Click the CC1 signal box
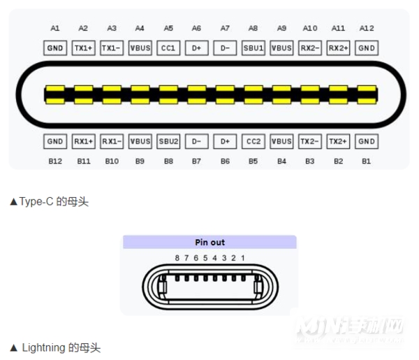tap(168, 48)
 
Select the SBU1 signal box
tap(253, 48)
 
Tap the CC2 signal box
tap(253, 141)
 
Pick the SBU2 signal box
tap(168, 141)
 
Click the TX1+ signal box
tap(83, 48)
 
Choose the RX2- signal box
tap(310, 48)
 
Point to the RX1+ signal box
tap(83, 141)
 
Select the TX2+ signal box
tap(338, 141)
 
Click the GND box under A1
tap(55, 48)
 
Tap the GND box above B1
tap(367, 141)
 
